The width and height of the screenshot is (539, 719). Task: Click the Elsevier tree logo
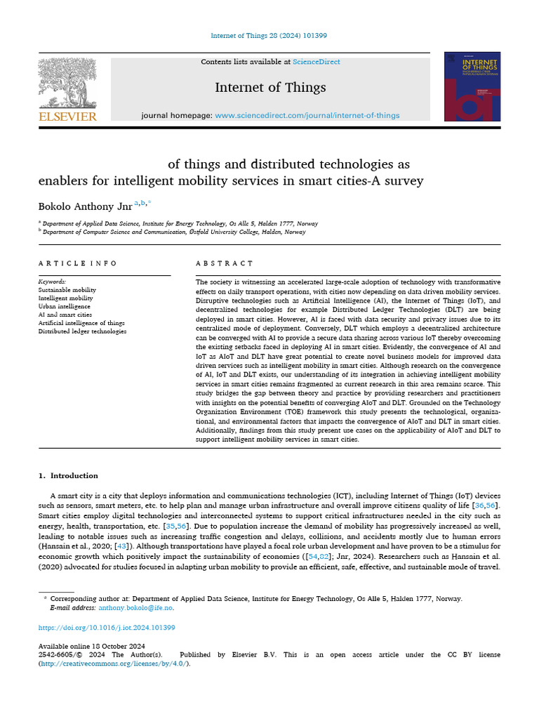point(67,83)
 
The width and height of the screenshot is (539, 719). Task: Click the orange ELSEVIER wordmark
point(67,117)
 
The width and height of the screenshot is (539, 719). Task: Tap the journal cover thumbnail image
point(472,86)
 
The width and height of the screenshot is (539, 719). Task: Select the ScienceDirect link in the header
point(317,62)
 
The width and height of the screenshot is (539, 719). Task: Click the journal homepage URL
point(307,115)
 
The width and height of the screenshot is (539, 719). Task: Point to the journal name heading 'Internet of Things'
point(270,88)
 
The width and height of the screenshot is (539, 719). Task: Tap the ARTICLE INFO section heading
point(78,263)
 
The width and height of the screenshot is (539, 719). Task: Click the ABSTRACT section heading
point(225,263)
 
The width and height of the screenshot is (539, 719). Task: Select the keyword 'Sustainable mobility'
point(67,289)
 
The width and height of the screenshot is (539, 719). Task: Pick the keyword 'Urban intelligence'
point(65,306)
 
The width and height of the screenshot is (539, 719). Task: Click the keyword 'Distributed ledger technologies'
point(82,331)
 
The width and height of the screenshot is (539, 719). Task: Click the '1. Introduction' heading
point(69,475)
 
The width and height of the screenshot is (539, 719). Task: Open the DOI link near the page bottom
point(107,628)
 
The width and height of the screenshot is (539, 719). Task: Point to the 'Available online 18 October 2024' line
point(92,646)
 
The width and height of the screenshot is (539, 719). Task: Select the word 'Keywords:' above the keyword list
point(52,281)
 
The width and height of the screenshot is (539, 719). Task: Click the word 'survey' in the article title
point(403,180)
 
